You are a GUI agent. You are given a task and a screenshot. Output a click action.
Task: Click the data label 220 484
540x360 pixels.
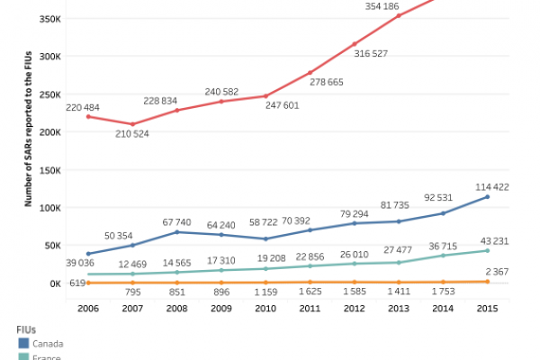pyautogui.click(x=82, y=107)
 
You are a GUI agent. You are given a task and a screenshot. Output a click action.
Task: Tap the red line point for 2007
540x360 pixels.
pyautogui.click(x=132, y=124)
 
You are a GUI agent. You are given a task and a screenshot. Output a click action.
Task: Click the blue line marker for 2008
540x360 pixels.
pyautogui.click(x=177, y=232)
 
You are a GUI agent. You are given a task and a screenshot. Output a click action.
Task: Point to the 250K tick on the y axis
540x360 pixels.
pyautogui.click(x=48, y=94)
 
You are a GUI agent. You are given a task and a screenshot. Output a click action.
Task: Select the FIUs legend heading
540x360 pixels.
pyautogui.click(x=25, y=328)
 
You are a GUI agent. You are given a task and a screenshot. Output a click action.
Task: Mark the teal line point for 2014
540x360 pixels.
pyautogui.click(x=443, y=256)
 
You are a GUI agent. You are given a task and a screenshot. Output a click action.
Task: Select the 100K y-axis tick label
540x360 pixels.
pyautogui.click(x=48, y=207)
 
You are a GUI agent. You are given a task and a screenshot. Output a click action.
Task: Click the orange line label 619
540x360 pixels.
pyautogui.click(x=76, y=284)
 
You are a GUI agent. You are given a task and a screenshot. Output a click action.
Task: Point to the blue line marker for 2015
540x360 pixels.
pyautogui.click(x=487, y=196)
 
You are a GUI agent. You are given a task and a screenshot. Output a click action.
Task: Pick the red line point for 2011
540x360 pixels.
pyautogui.click(x=310, y=72)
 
